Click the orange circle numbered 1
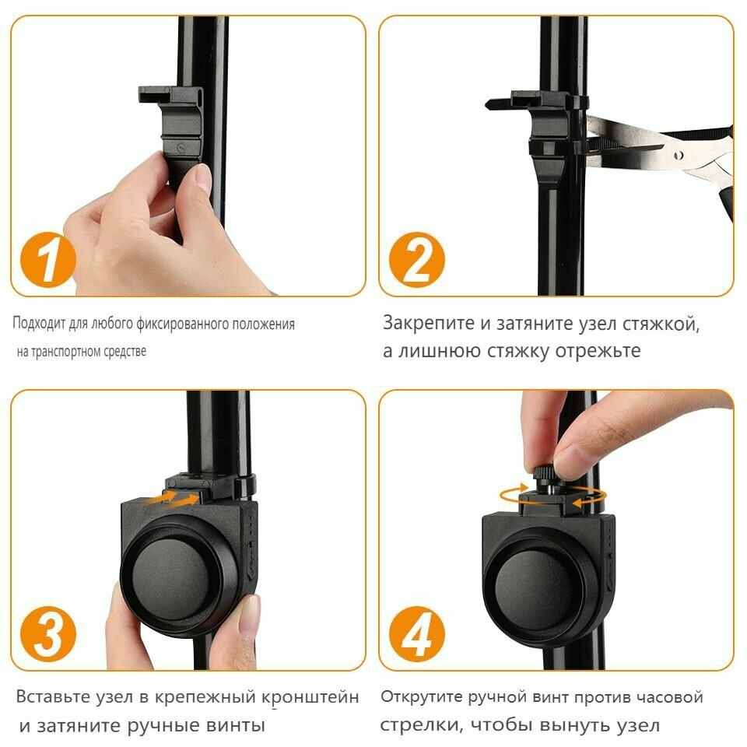[47, 260]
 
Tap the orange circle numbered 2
[417, 260]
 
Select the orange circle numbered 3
[47, 634]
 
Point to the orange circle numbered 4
[417, 634]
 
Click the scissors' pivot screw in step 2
[679, 155]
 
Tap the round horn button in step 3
[171, 577]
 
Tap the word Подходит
[39, 324]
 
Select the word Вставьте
[54, 696]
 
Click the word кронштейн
[310, 697]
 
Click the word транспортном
[66, 352]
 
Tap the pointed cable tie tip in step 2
[489, 103]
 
